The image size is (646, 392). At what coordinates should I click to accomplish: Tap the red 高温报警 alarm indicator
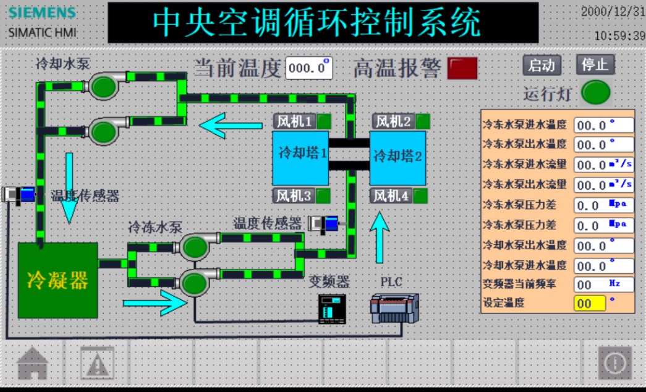(x=462, y=68)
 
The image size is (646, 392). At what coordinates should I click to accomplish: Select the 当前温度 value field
(x=308, y=68)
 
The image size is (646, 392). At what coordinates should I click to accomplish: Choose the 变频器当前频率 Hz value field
(x=604, y=284)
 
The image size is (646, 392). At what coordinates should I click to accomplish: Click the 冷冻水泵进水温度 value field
(x=604, y=125)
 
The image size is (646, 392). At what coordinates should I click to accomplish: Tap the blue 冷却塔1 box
(x=300, y=153)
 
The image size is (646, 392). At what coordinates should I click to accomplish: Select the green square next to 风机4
(x=421, y=197)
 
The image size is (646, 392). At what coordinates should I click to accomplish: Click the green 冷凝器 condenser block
(x=57, y=280)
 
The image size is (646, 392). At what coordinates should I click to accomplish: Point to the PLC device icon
(x=394, y=308)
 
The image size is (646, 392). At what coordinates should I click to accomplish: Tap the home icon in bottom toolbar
(x=33, y=363)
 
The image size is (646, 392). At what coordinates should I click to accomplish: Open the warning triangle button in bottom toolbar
(x=97, y=363)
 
